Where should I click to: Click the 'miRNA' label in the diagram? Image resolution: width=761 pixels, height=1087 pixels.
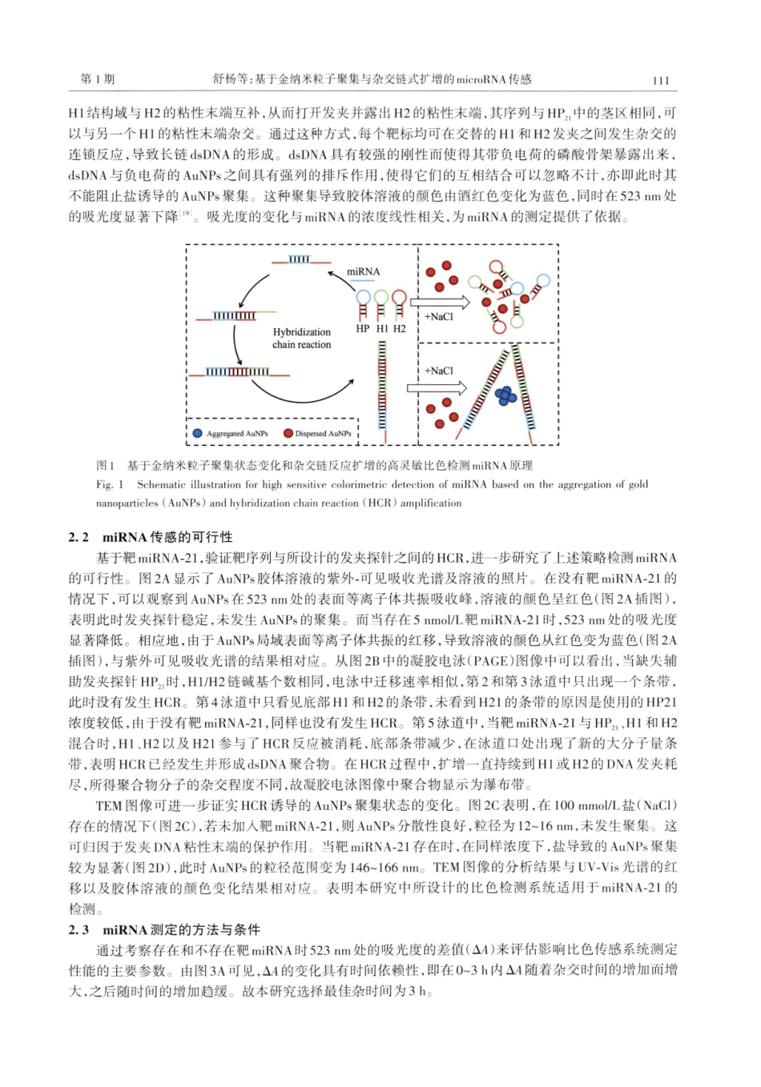point(363,271)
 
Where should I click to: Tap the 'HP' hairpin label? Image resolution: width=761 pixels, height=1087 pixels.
point(362,328)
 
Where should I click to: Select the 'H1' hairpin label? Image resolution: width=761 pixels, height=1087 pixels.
point(381,328)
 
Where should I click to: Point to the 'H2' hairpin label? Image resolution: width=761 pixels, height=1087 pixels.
point(399,328)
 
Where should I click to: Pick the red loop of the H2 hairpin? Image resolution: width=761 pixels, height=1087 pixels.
point(398,297)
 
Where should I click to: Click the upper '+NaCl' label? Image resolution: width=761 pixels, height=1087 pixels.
point(438,317)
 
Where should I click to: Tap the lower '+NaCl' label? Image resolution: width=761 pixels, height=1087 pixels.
point(438,371)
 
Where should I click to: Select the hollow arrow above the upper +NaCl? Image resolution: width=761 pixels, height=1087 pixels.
point(439,303)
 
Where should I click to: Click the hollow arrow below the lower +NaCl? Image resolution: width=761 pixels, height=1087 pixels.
point(437,387)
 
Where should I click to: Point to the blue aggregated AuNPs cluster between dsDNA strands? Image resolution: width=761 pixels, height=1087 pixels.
point(505,395)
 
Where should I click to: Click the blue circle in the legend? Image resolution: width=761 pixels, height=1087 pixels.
point(197,433)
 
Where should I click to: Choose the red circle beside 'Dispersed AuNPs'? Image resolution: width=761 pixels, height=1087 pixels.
point(288,433)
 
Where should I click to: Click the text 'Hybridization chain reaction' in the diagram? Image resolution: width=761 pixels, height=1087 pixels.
point(301,338)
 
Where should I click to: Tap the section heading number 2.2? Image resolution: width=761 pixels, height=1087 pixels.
point(79,537)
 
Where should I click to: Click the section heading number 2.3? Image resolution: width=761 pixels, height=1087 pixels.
point(79,929)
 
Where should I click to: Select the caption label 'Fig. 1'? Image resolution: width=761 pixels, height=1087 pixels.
point(110,484)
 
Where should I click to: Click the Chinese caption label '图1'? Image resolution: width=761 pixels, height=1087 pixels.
point(106,465)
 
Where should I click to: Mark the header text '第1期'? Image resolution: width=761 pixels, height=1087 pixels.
point(97,79)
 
